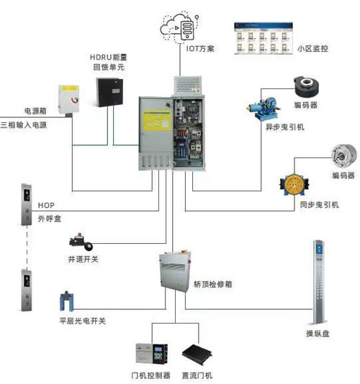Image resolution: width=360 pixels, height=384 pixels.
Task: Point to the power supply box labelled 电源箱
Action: (x=69, y=100)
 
